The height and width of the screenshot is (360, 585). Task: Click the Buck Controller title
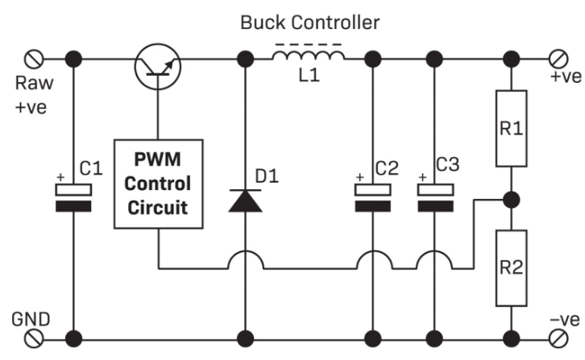click(309, 23)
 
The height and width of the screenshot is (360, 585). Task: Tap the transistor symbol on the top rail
click(157, 64)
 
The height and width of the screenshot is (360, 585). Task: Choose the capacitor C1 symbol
click(74, 197)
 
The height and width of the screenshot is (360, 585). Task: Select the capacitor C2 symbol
click(373, 197)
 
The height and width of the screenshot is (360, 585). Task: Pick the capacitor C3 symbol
click(436, 197)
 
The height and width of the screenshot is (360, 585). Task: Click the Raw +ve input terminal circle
click(36, 58)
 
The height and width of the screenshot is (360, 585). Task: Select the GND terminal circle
click(36, 337)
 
